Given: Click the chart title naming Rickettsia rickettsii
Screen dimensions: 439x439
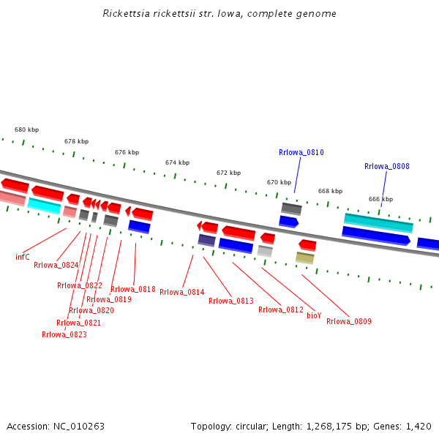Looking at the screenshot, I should [x=219, y=14].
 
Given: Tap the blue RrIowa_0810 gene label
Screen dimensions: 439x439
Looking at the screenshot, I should [x=301, y=152].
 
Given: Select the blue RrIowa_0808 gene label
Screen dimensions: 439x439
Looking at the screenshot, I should [x=386, y=166].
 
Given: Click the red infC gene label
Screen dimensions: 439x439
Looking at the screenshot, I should [x=23, y=257].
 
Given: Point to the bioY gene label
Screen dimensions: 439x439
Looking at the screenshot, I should [x=314, y=315].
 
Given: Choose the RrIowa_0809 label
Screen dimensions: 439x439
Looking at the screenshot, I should [x=348, y=321].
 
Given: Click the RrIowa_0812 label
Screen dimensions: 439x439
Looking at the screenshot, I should [x=280, y=309].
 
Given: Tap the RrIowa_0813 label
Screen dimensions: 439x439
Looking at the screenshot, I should [x=230, y=301].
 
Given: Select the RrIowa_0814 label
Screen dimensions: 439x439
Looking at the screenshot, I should [x=181, y=292].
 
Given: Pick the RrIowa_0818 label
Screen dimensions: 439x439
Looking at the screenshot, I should [x=132, y=289].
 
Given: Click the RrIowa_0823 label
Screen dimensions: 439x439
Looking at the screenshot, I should [x=64, y=334].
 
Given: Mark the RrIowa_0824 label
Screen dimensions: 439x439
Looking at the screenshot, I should [x=56, y=265].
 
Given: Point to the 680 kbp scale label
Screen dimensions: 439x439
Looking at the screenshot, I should [x=26, y=130].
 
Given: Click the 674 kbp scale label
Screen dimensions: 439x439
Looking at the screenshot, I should [x=177, y=162].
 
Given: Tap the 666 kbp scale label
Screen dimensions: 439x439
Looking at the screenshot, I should [x=380, y=199].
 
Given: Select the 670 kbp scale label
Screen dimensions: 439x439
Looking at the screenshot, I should [x=279, y=182].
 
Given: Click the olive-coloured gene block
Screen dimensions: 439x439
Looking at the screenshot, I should [x=304, y=258].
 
